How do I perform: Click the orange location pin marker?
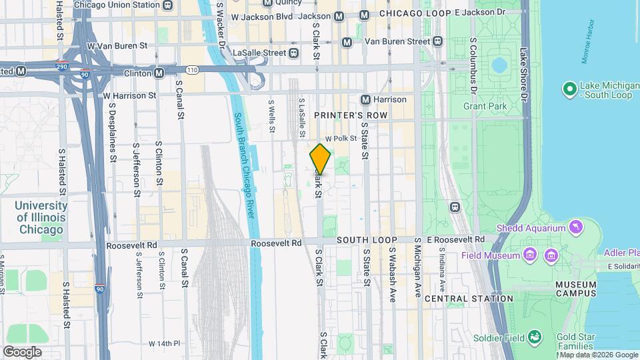tap(320, 159)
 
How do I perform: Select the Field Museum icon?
tap(530, 255)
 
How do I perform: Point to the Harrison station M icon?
tap(365, 99)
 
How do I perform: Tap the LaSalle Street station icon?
tap(294, 53)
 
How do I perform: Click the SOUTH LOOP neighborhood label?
tap(367, 240)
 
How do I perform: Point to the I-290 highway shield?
tap(61, 67)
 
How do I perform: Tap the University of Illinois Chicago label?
tap(41, 217)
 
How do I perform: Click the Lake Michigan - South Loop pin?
tap(569, 89)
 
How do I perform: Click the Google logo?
tap(22, 352)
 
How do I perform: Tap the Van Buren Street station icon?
tap(438, 41)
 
